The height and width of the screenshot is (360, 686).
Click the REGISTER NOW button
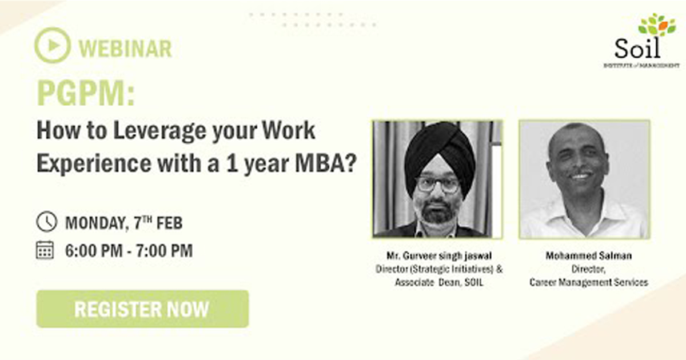(142, 309)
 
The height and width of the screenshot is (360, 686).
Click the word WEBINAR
(125, 49)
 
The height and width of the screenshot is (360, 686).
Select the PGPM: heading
(86, 93)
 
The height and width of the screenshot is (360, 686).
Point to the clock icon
(46, 221)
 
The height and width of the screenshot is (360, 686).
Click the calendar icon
(45, 250)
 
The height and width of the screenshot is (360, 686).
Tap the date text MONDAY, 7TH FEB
(123, 222)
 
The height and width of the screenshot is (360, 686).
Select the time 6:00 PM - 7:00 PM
(129, 251)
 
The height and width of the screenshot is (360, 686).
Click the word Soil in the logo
(637, 49)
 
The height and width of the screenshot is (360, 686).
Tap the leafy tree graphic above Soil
(657, 25)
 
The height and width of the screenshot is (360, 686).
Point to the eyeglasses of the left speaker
(438, 185)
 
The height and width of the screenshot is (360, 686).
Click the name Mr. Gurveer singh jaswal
(439, 255)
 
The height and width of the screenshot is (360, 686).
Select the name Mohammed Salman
(589, 255)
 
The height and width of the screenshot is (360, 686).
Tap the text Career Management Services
(589, 282)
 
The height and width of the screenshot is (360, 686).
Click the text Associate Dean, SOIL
(439, 282)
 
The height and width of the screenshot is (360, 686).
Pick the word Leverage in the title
(159, 131)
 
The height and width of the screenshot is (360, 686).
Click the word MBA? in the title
(326, 163)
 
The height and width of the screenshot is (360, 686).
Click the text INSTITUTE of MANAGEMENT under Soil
(641, 65)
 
